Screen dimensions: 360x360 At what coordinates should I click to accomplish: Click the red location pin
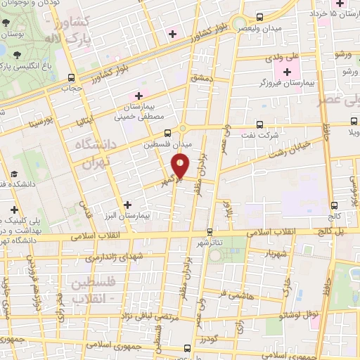(x=181, y=166)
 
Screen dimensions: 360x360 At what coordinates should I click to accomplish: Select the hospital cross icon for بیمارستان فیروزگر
(x=287, y=72)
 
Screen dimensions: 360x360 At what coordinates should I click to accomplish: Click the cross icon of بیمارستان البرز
(x=127, y=205)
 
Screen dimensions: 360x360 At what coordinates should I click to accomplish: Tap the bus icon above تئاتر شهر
(x=209, y=231)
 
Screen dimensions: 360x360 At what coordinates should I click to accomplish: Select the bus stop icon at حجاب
(x=71, y=78)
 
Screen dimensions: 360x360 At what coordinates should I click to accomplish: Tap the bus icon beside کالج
(x=333, y=205)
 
